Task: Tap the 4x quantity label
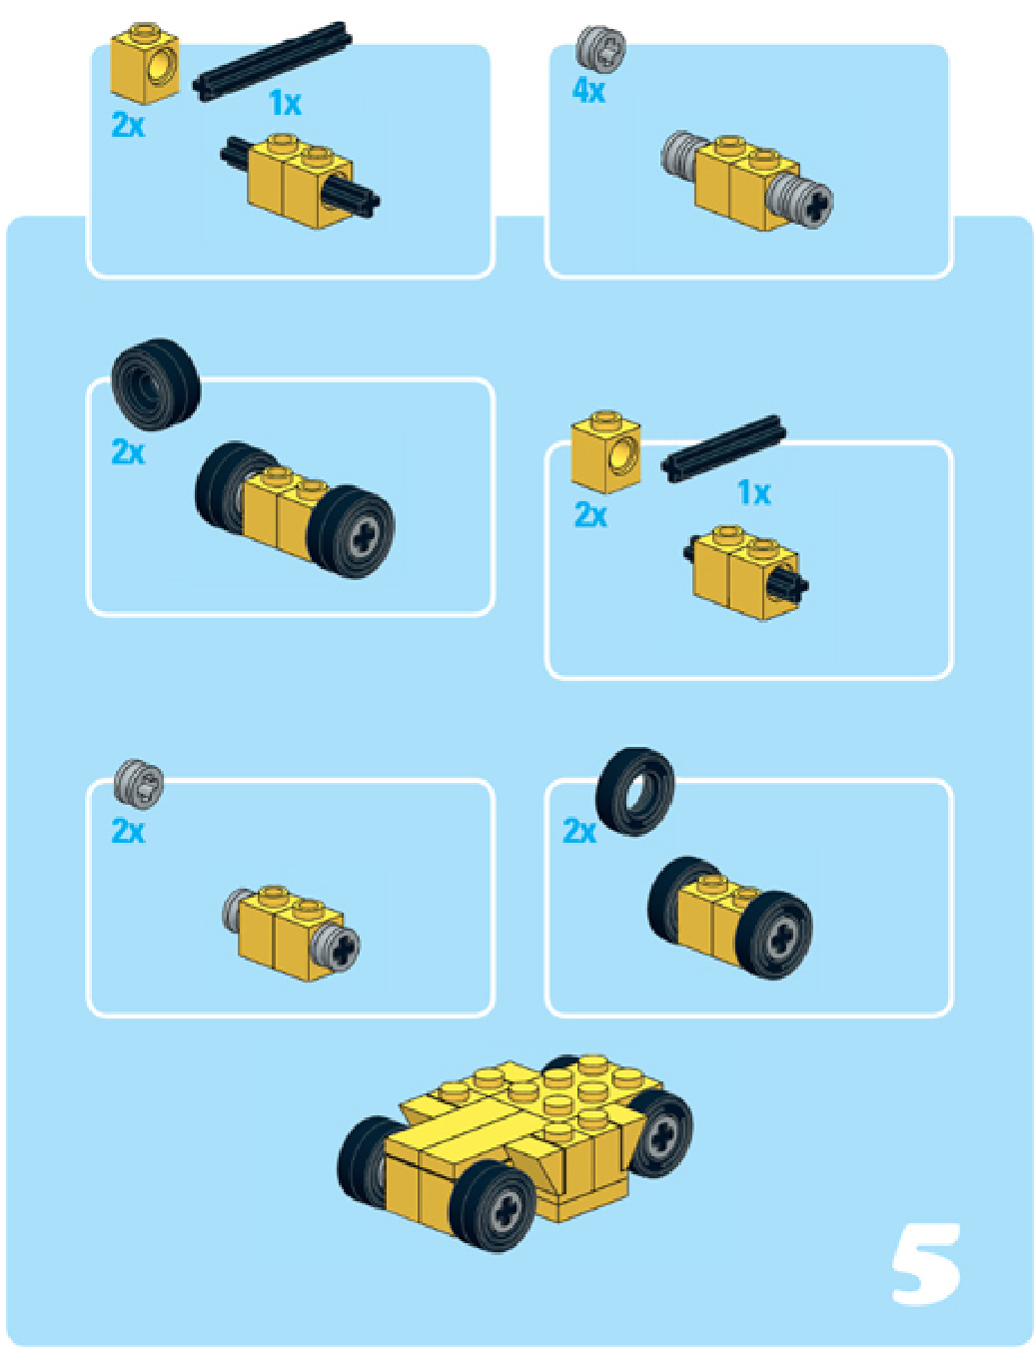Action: click(x=587, y=91)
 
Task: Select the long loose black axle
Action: click(x=273, y=61)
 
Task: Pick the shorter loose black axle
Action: click(x=723, y=447)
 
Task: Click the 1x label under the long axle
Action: click(x=285, y=103)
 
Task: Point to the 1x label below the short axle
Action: click(x=753, y=493)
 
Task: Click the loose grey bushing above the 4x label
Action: click(x=600, y=46)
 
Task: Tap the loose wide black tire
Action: click(x=156, y=384)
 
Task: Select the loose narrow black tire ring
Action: click(x=634, y=791)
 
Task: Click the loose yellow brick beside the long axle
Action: click(x=145, y=63)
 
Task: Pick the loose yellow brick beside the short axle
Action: click(x=605, y=451)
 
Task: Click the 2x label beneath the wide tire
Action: click(x=128, y=451)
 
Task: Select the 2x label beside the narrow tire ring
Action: click(x=578, y=831)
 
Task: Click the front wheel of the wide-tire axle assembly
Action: click(x=351, y=532)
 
